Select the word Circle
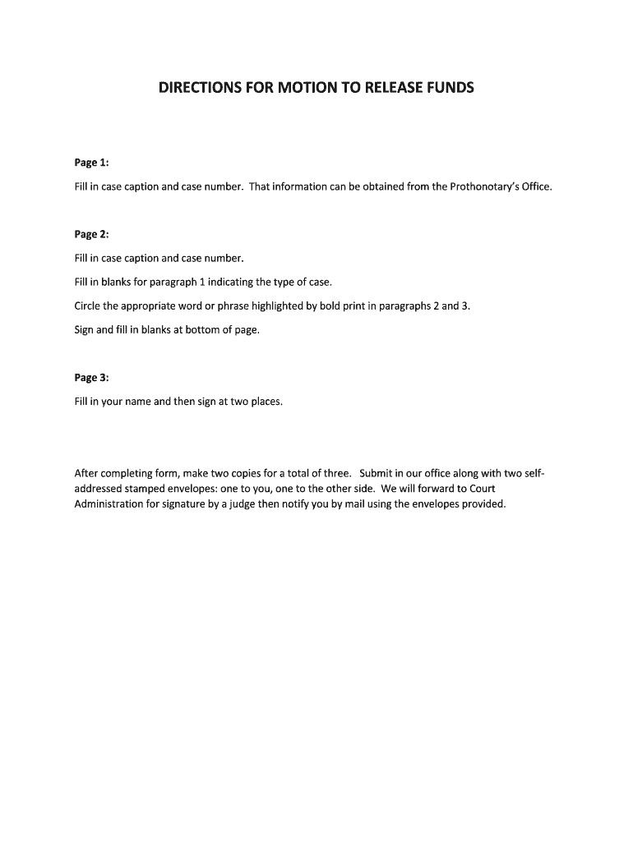pos(88,306)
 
